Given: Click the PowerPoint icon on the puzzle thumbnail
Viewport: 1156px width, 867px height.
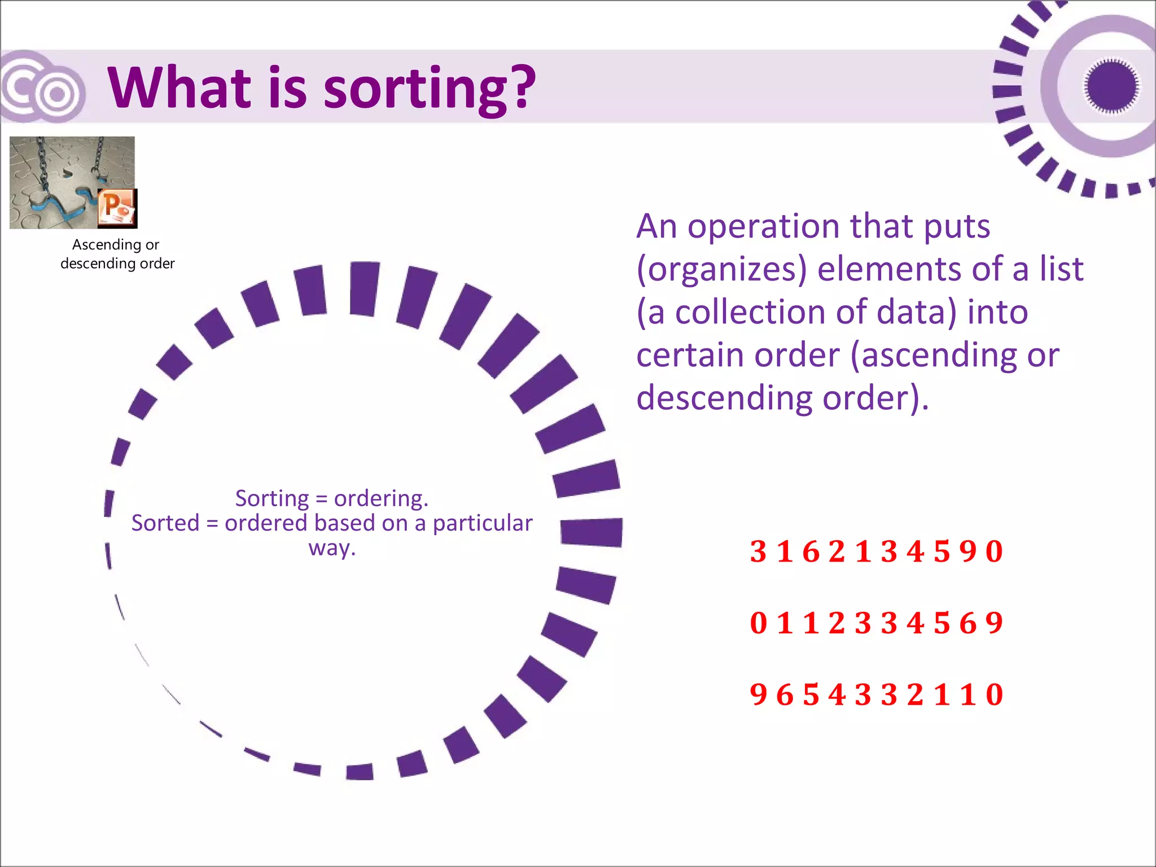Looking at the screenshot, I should (x=117, y=208).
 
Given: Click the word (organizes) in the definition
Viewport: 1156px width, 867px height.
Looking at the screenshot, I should (x=721, y=269).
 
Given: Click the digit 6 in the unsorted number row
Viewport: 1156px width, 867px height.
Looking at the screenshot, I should (x=811, y=551).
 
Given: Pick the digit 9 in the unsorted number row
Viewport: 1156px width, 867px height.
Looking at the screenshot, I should (x=967, y=551).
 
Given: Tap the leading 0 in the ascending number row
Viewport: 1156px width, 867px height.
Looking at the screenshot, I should (x=758, y=623).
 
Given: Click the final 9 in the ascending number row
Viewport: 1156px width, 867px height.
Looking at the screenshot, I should (x=994, y=623).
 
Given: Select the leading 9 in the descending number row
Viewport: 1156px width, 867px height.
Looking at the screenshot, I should (x=758, y=695).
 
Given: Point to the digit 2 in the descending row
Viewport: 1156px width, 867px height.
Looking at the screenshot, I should (x=915, y=695).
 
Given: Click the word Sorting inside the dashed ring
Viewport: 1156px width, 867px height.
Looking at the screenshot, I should (x=272, y=498).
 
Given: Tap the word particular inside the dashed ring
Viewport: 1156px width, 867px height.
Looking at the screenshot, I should (x=482, y=523).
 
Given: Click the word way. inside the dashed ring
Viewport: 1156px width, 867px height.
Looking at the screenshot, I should (x=332, y=548).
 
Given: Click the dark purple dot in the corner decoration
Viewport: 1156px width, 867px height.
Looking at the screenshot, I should (x=1111, y=86).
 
